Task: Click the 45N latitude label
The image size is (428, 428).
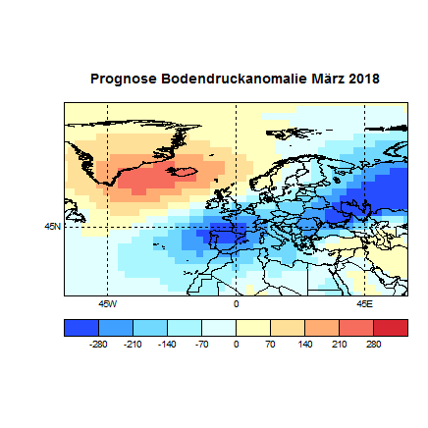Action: (x=52, y=226)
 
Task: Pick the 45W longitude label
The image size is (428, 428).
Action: (x=107, y=303)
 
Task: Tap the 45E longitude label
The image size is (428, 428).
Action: (x=364, y=303)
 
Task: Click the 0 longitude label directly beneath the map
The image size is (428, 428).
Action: (x=236, y=303)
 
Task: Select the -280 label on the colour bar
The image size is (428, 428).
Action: (x=97, y=345)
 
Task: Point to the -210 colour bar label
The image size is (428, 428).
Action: (x=133, y=345)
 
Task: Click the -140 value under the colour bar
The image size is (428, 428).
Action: (x=167, y=345)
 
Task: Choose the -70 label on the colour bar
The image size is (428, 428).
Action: (x=202, y=345)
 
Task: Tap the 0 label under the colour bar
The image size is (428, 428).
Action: (x=236, y=345)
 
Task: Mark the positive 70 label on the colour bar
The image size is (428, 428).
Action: (x=270, y=345)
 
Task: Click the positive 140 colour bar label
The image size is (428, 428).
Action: (x=304, y=345)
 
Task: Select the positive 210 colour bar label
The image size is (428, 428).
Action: (x=339, y=345)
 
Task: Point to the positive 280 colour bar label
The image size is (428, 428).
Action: (x=373, y=345)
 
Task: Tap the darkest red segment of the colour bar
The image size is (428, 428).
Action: (x=391, y=328)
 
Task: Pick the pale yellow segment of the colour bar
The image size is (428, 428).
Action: (x=253, y=328)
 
